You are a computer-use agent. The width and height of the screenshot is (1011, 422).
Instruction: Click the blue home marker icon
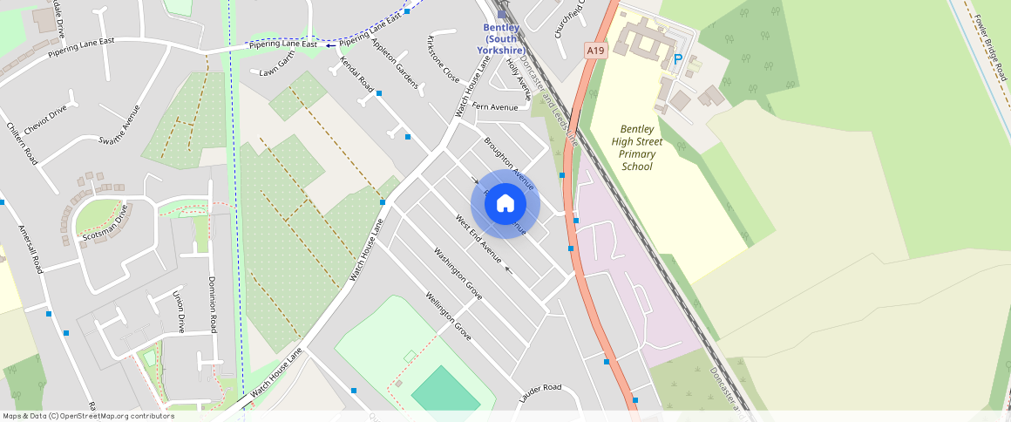pos(505,204)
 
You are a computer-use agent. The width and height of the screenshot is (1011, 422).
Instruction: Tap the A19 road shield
pos(595,51)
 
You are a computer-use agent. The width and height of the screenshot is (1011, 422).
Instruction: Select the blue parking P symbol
pos(677,60)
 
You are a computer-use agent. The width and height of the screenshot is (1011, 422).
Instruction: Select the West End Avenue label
pos(479,237)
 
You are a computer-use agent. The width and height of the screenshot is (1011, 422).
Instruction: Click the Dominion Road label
pos(212,304)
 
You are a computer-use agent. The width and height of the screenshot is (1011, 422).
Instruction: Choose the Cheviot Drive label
pos(46,119)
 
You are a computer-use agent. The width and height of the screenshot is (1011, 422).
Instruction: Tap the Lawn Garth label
pos(278,72)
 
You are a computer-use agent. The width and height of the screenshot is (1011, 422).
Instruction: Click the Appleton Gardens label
pos(395,63)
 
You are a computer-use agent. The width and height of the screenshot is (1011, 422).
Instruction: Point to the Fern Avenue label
pos(495,106)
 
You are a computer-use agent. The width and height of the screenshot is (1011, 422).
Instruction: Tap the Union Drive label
pos(179,311)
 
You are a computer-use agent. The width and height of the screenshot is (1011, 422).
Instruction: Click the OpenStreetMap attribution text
pos(88,416)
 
